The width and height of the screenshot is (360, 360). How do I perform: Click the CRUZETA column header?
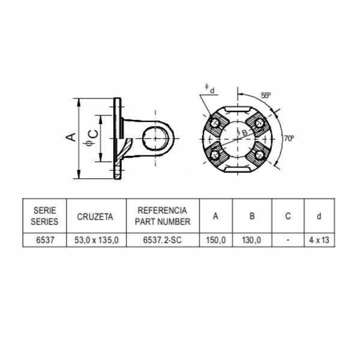(x=95, y=217)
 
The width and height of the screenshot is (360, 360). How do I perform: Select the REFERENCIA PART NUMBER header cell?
(x=163, y=216)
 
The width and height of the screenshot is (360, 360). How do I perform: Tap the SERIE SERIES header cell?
(x=44, y=216)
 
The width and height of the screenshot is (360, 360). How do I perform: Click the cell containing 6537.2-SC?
(x=163, y=240)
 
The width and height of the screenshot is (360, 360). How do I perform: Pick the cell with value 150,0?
(x=216, y=240)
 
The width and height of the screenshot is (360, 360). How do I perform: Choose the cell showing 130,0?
(x=251, y=240)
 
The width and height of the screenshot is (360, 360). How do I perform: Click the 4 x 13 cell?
(x=319, y=240)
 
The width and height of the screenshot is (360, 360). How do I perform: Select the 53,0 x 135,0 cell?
(x=97, y=240)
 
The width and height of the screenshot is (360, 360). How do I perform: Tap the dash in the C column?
(x=288, y=240)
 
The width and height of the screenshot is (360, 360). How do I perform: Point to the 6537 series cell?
(x=45, y=240)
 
